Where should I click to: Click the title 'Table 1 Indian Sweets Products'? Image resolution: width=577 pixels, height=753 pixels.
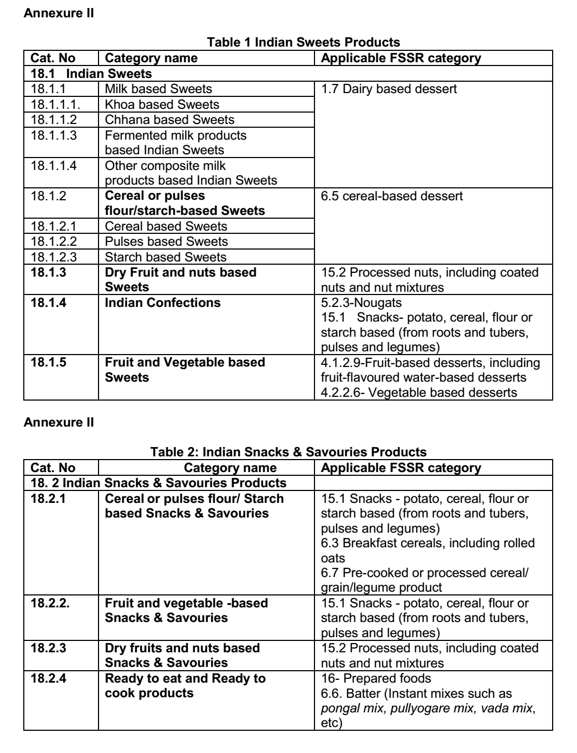click(304, 42)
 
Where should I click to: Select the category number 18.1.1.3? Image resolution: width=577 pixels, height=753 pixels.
click(54, 135)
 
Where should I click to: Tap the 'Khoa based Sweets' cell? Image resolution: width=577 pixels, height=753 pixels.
click(162, 104)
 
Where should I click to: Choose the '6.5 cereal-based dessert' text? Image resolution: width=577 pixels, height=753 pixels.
click(392, 196)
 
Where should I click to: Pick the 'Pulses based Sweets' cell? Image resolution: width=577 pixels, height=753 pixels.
click(166, 241)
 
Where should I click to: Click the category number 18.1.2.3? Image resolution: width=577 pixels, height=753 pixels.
click(54, 257)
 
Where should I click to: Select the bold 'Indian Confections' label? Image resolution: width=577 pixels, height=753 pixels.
click(162, 303)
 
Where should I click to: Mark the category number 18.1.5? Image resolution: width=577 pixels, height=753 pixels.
click(49, 362)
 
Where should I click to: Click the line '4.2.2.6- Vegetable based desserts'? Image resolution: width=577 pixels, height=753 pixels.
click(419, 392)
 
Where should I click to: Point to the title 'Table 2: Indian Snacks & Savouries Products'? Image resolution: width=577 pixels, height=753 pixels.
click(288, 452)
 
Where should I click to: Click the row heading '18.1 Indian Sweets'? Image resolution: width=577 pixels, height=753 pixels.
click(91, 74)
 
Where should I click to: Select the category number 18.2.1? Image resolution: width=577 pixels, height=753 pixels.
click(48, 499)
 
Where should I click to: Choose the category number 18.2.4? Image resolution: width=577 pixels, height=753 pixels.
click(49, 678)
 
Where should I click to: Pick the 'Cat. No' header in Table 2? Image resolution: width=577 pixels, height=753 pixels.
click(53, 468)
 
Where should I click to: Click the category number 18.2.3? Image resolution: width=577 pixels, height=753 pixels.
click(49, 648)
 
